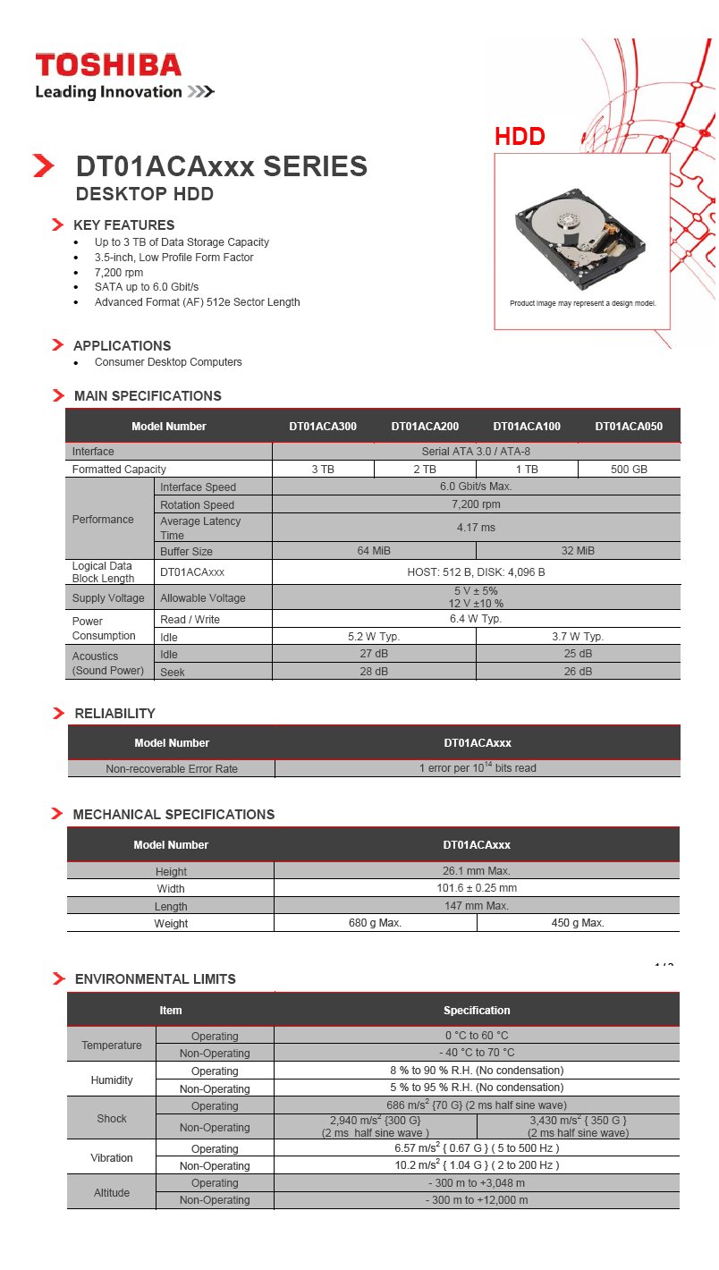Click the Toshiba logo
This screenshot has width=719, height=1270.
[108, 65]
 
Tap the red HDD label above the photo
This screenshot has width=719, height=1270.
[520, 137]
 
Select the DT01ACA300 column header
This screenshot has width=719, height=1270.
[322, 427]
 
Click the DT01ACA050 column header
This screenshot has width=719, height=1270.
[629, 427]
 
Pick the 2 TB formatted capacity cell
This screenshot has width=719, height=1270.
[424, 469]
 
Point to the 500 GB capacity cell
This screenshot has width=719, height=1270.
[629, 469]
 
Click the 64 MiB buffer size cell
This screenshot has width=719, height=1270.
[373, 551]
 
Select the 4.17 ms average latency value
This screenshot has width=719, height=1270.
[476, 528]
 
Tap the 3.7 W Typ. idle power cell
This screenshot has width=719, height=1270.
[578, 637]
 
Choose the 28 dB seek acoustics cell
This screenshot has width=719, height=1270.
[373, 672]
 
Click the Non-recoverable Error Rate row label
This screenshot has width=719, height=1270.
[172, 768]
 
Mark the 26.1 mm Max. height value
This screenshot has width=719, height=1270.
[476, 871]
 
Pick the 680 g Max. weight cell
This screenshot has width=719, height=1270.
[375, 923]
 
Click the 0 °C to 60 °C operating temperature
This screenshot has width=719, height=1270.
[476, 1036]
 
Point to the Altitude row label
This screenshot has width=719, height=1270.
[112, 1192]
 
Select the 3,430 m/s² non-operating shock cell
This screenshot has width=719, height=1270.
[578, 1126]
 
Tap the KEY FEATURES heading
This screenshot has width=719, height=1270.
[123, 225]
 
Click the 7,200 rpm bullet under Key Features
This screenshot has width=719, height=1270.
[119, 272]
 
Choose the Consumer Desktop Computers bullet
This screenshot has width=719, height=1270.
[168, 362]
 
